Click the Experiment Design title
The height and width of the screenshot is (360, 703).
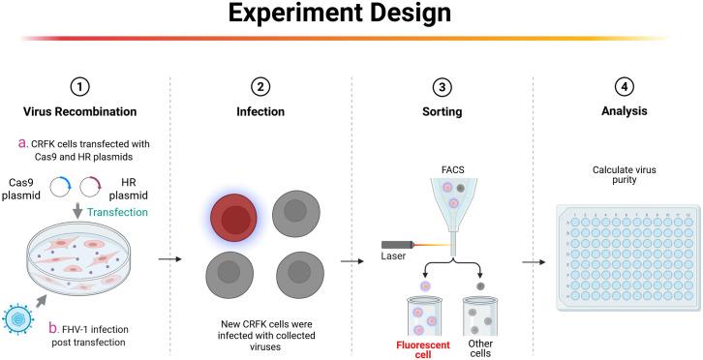tap(351, 17)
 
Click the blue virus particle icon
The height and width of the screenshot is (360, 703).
tap(22, 315)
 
